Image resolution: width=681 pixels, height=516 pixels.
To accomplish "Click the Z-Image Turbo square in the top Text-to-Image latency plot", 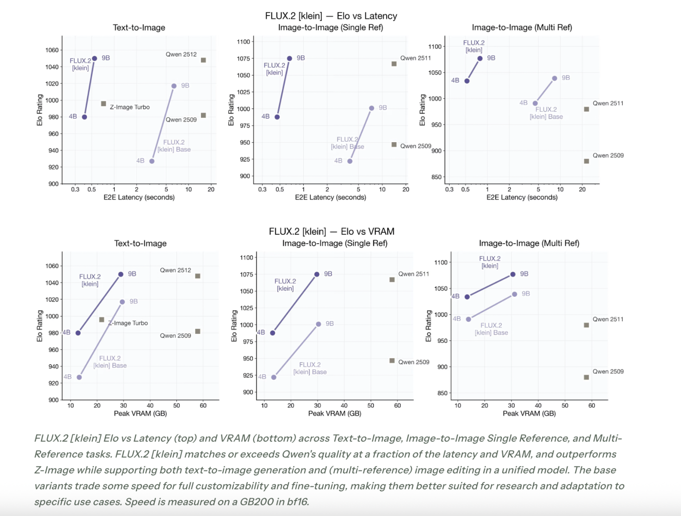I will (x=103, y=104).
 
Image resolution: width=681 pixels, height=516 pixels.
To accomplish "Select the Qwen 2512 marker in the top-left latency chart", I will (x=203, y=60).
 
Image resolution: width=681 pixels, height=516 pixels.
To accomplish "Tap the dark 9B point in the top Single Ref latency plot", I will (x=290, y=58).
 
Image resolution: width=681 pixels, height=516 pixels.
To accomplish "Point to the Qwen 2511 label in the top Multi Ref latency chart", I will (x=608, y=103).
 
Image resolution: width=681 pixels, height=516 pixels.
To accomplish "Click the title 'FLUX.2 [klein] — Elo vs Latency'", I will (x=331, y=16).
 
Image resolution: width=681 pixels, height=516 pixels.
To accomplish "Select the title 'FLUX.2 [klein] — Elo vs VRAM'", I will (x=331, y=232).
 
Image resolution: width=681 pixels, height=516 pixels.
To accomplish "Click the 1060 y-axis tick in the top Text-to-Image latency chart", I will (x=52, y=50).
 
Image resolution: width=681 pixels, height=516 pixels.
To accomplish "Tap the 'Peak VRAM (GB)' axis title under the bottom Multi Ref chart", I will (x=529, y=413).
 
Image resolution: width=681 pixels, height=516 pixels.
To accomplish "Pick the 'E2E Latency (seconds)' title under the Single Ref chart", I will (x=330, y=197).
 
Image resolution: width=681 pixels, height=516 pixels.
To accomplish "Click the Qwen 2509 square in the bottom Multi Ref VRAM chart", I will (x=586, y=377).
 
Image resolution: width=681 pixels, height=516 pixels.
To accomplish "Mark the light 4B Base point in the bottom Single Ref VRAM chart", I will (x=274, y=377).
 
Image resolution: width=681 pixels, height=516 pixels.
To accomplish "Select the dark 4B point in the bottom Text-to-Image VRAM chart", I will (x=78, y=333).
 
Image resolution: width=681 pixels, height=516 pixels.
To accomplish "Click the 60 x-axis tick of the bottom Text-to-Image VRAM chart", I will (x=203, y=405).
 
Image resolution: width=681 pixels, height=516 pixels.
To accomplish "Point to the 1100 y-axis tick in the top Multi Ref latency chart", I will (x=435, y=47).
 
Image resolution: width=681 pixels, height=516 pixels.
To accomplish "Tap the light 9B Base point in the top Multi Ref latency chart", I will (x=555, y=78).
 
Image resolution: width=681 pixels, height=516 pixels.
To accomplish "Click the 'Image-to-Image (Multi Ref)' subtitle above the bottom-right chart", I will (x=529, y=243).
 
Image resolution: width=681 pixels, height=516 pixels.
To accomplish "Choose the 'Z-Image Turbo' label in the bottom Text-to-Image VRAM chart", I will (x=129, y=323).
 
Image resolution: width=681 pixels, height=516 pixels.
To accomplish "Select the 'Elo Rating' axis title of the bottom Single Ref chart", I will (x=234, y=326).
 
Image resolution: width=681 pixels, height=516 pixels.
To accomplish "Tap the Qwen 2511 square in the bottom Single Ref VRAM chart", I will (x=392, y=280).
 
